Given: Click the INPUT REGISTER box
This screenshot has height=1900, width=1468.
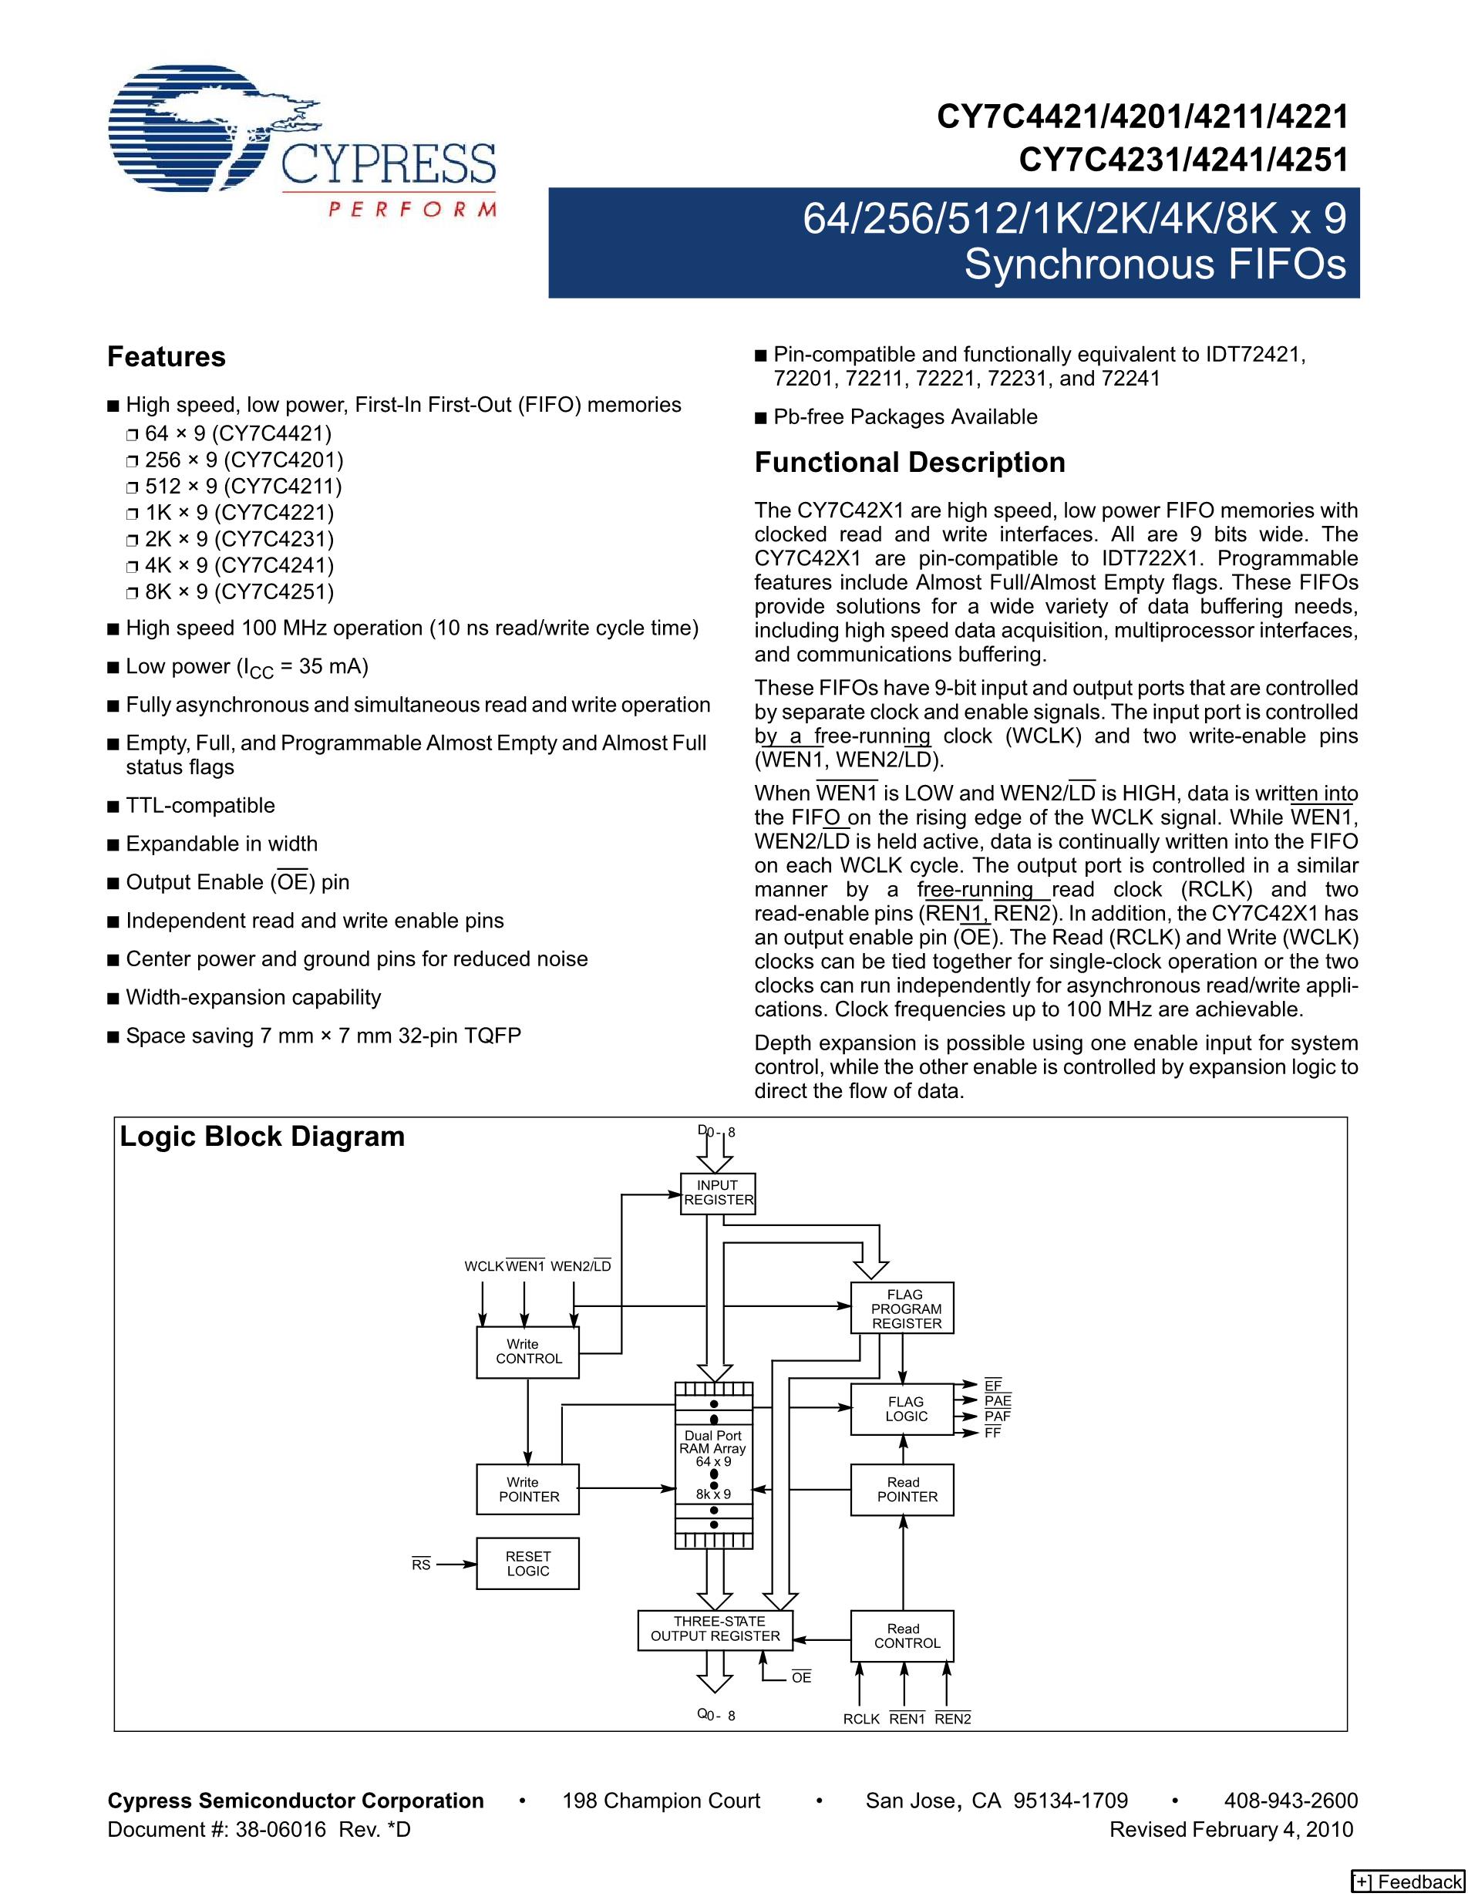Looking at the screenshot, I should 718,1193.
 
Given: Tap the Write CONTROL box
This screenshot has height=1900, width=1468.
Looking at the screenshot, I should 527,1352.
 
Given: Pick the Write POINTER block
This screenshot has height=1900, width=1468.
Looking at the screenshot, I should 527,1489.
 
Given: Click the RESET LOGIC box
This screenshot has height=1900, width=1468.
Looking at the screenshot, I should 527,1563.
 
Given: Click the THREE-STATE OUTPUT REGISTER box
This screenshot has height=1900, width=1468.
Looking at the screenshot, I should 715,1629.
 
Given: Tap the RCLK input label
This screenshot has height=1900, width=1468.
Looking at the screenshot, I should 861,1719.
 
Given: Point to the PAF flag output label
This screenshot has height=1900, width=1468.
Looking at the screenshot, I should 997,1417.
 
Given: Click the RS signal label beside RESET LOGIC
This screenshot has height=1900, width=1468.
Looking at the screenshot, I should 421,1565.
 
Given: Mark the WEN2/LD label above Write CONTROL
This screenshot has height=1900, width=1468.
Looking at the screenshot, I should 580,1266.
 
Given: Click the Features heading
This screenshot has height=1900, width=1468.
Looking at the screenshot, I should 166,357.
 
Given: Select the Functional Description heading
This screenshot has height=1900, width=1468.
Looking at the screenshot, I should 910,462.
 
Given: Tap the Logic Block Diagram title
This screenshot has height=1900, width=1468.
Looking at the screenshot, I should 262,1136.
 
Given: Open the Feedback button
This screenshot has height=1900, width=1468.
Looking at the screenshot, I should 1407,1881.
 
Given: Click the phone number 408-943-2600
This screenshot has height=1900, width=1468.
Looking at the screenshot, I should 1291,1800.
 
